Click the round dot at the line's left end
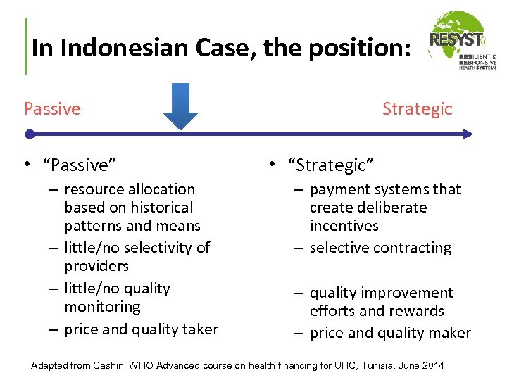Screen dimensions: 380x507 click(x=29, y=134)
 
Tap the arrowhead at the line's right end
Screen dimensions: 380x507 click(x=468, y=134)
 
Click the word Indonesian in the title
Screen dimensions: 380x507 click(x=113, y=48)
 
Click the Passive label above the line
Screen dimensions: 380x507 click(x=52, y=109)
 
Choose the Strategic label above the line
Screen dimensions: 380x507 click(x=417, y=109)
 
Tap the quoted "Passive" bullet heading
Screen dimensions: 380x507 click(x=80, y=165)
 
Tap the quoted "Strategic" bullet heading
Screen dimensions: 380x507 click(x=331, y=165)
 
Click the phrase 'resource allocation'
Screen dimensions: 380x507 click(x=130, y=189)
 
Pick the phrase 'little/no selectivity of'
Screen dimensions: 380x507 click(x=137, y=248)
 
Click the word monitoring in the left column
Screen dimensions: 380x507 click(x=102, y=307)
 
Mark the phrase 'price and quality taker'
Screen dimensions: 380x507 click(x=141, y=329)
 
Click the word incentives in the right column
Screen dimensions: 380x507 click(x=344, y=226)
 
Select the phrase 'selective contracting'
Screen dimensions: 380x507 click(x=380, y=248)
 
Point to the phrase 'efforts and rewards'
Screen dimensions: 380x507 click(x=377, y=311)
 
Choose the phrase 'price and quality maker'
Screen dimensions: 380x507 click(x=390, y=334)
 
